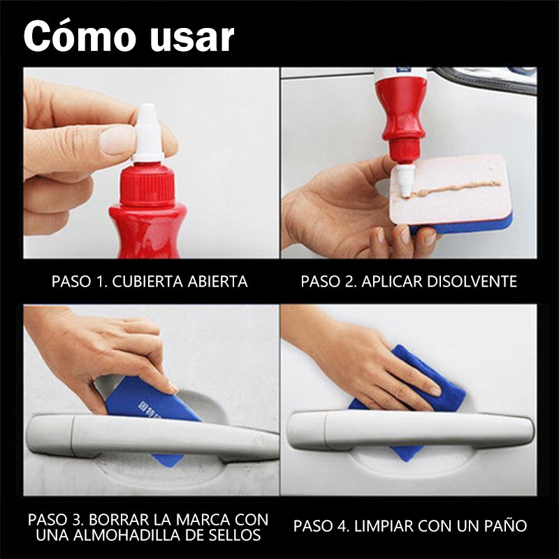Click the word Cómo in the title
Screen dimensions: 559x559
point(80,36)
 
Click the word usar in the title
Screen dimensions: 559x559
point(191,38)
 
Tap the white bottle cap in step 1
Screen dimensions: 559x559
point(148,133)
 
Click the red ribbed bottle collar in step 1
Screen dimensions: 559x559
point(147,184)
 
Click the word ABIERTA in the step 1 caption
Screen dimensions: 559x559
point(217,282)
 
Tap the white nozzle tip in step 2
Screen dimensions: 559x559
point(405,180)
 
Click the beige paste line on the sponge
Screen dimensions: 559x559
point(456,188)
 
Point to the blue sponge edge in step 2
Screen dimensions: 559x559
point(463,224)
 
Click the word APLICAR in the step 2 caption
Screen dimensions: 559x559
point(392,282)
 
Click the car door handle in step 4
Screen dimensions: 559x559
point(410,430)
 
